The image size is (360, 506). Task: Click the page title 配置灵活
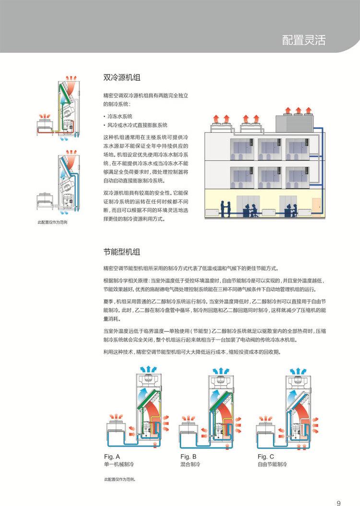pos(303,40)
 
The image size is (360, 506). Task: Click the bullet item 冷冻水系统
pos(120,117)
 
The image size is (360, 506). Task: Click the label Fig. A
pos(112,457)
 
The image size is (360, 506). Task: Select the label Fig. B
pos(189,457)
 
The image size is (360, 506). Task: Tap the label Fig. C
pos(266,457)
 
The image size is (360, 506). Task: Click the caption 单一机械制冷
pos(118,465)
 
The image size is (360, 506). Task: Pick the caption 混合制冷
pos(191,465)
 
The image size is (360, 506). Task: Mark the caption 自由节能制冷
pos(272,465)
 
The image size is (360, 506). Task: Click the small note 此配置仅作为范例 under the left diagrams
pos(52,223)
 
